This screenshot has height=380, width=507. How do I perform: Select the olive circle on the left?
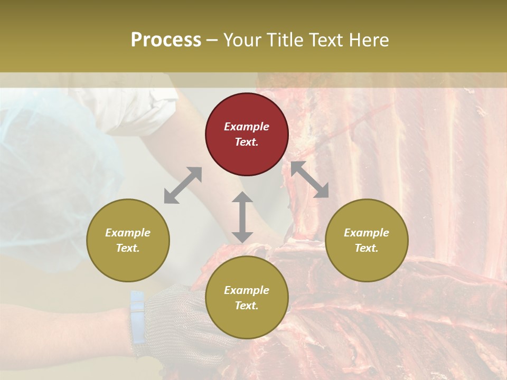[128, 240]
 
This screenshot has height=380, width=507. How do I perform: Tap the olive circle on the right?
[367, 240]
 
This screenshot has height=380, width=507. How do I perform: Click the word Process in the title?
[166, 40]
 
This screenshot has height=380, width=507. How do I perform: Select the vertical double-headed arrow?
[242, 217]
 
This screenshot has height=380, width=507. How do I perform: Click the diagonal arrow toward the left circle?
[183, 185]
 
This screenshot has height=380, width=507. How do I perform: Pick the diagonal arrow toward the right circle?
[309, 179]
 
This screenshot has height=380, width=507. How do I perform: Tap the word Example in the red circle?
[247, 127]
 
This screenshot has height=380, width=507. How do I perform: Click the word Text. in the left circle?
[128, 248]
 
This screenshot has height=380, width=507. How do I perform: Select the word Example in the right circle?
[367, 233]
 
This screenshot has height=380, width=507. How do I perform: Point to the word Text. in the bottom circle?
[247, 306]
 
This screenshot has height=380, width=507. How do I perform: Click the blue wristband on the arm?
[137, 317]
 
